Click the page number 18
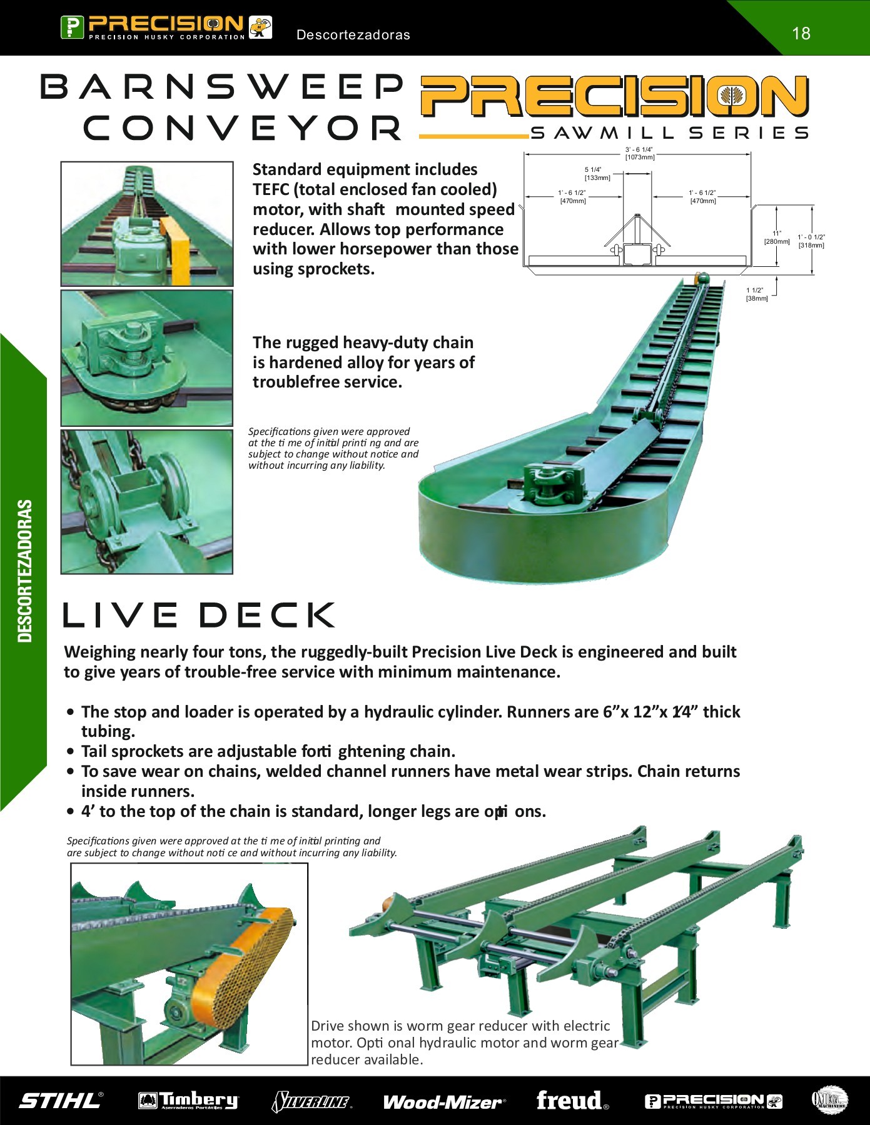point(801,33)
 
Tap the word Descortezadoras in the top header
point(353,35)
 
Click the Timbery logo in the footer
point(188,1101)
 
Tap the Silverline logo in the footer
point(311,1101)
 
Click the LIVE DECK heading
point(199,615)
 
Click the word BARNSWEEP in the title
point(222,87)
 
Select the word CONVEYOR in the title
point(243,129)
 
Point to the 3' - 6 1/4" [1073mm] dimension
point(639,153)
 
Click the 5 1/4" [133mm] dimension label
point(597,174)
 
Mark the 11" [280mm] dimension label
point(777,237)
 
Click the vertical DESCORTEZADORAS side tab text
point(24,571)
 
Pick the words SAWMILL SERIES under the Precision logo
point(669,133)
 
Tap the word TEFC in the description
point(271,189)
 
